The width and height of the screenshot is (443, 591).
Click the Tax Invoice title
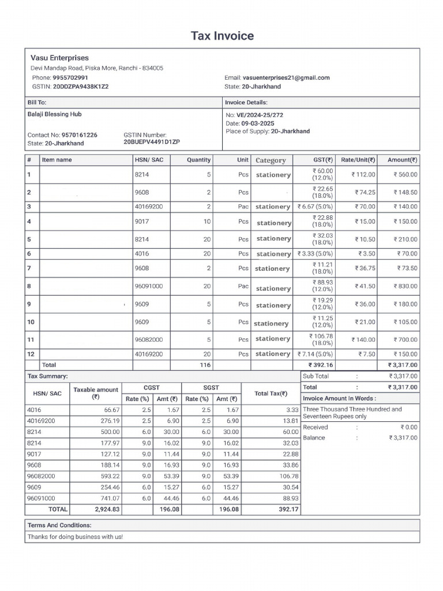coord(222,36)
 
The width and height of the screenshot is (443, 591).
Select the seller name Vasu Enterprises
coord(59,58)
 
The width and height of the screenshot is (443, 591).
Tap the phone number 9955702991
coord(70,77)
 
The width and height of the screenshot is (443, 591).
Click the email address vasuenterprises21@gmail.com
coord(286,77)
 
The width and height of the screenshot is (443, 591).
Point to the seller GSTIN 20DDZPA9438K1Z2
coord(81,87)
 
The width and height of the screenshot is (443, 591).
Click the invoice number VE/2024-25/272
coord(260,115)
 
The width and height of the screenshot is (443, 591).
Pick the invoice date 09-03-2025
coord(258,124)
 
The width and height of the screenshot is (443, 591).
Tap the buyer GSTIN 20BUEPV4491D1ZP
coord(152,141)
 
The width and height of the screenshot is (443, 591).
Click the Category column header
coord(271,160)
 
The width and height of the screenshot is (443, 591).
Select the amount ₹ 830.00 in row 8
coord(406,286)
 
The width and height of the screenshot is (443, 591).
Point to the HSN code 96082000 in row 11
coord(149,340)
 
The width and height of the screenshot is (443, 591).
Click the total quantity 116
coord(205,365)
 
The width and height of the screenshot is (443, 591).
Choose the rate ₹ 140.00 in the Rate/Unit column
coord(363,340)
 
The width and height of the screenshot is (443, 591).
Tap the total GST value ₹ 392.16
coord(321,365)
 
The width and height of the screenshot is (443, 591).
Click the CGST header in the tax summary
coord(151,388)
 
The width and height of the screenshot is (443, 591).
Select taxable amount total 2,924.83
coord(107,510)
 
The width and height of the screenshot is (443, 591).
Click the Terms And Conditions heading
coord(59,526)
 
